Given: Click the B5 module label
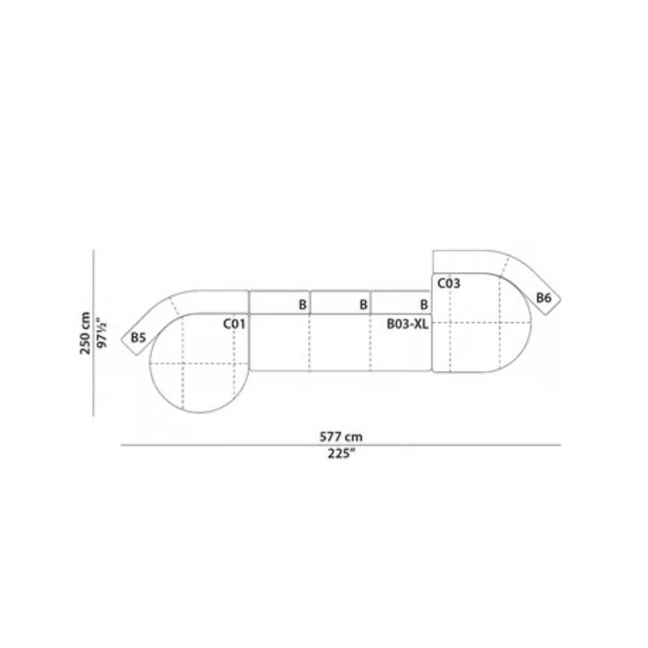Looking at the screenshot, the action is pos(138,337).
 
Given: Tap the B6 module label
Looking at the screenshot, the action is pos(544,298).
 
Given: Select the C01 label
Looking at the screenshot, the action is pos(234,324).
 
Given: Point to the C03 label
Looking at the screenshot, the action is pos(449,283).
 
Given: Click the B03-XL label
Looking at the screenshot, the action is pos(408,324).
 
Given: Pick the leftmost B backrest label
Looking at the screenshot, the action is pos(302,305).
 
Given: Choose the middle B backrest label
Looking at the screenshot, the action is pos(363,305).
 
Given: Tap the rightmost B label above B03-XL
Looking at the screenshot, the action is pos(424,305).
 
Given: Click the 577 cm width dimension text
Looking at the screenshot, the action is pos(341,437).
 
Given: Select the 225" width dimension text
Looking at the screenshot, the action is pos(341,454).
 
